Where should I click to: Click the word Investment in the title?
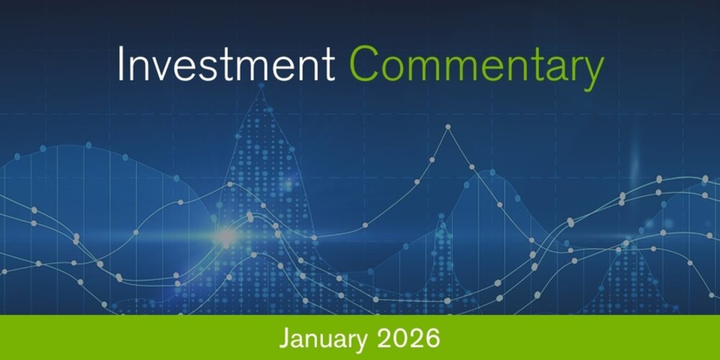(x=225, y=66)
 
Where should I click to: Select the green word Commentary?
(x=476, y=67)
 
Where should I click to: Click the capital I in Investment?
(x=121, y=66)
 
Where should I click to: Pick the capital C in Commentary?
(x=366, y=66)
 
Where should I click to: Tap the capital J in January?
(x=283, y=337)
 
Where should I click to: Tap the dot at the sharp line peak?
(x=448, y=127)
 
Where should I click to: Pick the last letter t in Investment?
(x=329, y=67)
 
